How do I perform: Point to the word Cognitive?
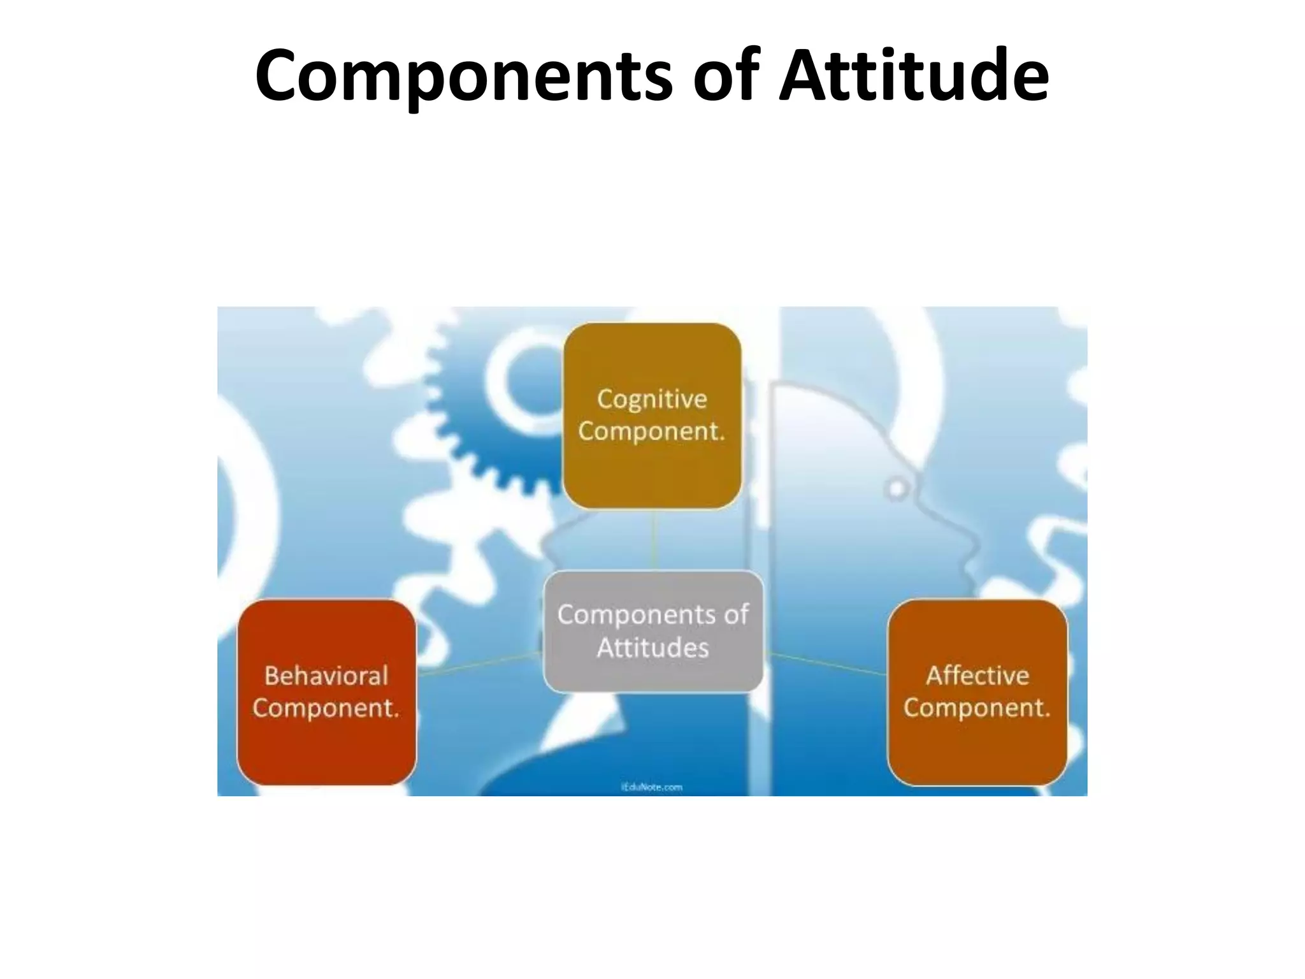[x=652, y=400]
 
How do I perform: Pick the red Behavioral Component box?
[x=326, y=752]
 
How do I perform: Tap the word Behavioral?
[x=326, y=676]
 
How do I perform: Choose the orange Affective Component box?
[x=977, y=752]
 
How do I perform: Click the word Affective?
[x=977, y=676]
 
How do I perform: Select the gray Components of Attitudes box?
[x=653, y=676]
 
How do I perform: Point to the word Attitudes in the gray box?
[x=653, y=648]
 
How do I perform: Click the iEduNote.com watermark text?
[x=652, y=787]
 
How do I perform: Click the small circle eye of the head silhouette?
[x=897, y=489]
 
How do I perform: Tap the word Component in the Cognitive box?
[x=651, y=431]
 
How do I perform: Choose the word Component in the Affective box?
[x=976, y=707]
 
